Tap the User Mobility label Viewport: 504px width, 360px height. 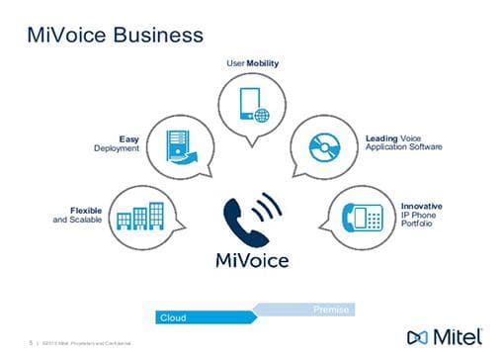click(252, 63)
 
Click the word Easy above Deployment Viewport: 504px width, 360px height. click(128, 139)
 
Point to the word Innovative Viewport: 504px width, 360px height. click(421, 206)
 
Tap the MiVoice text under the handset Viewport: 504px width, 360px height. click(251, 260)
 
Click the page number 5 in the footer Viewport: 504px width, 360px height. click(32, 343)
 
